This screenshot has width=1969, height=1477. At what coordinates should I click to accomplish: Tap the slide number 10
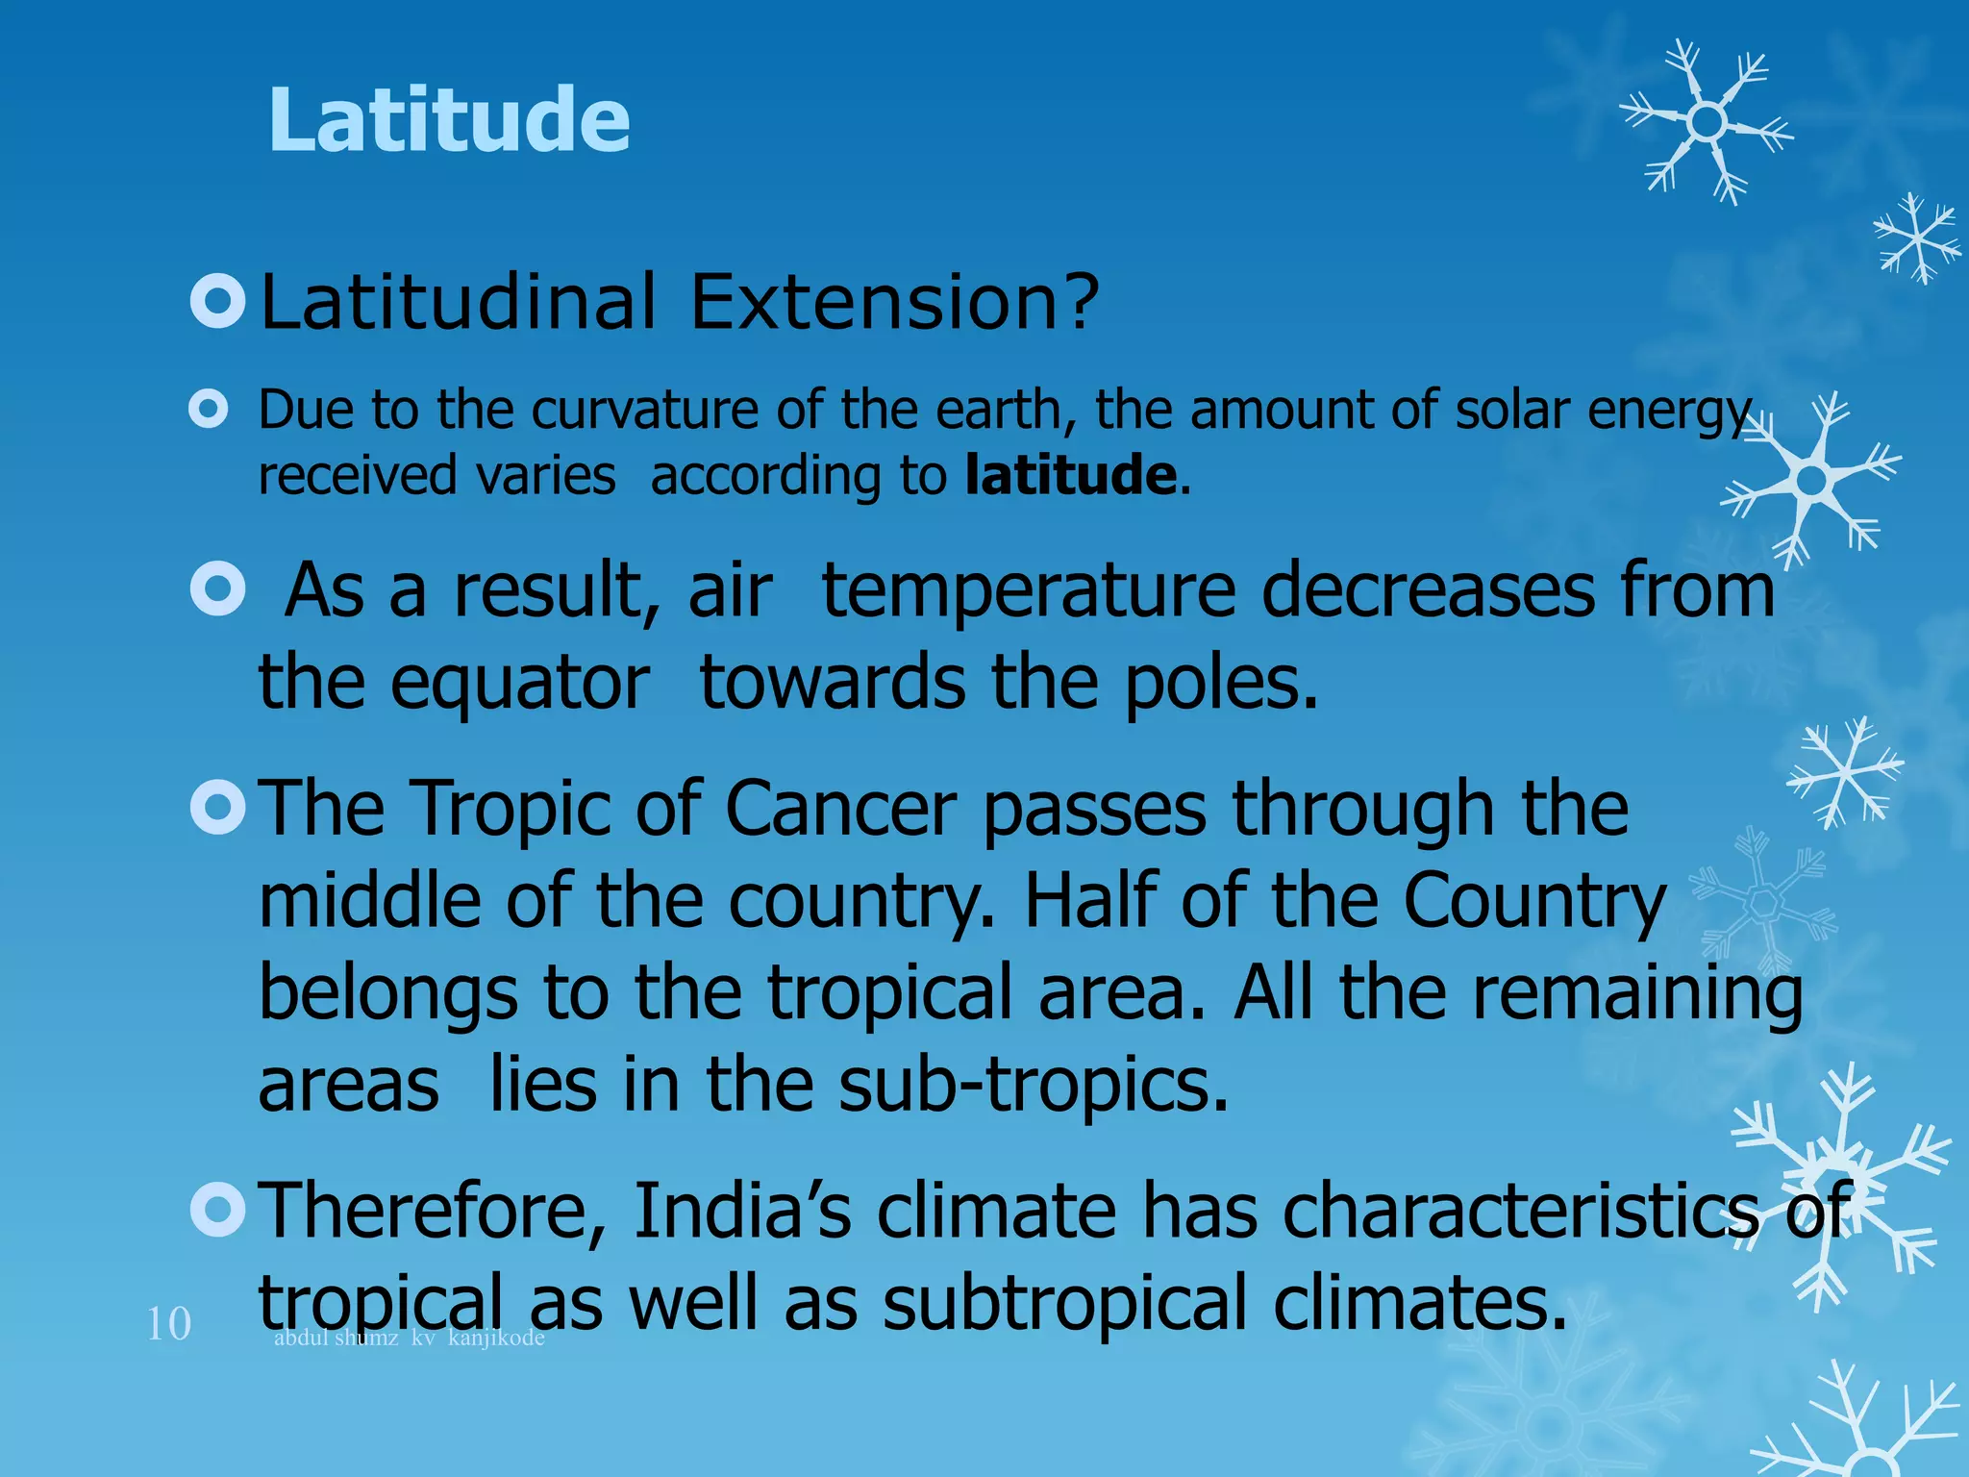click(168, 1324)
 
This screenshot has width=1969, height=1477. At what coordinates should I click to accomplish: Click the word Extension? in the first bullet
click(894, 302)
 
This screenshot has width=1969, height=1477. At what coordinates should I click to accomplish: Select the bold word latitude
click(1070, 475)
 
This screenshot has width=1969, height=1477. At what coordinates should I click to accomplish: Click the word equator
click(519, 685)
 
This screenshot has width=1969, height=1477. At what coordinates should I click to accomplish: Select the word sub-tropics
click(1033, 1085)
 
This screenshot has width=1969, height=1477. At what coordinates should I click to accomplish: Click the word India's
click(740, 1210)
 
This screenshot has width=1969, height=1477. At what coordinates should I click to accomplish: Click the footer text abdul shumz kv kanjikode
click(409, 1338)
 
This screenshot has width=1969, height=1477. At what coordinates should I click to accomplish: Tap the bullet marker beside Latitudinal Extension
click(218, 301)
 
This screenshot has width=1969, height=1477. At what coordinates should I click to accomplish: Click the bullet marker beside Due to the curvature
click(209, 410)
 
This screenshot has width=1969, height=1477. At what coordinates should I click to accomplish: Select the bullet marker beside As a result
click(218, 588)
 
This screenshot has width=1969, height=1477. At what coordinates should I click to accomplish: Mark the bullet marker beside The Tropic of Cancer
click(218, 807)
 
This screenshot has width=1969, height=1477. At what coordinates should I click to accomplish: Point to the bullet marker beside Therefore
click(218, 1209)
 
